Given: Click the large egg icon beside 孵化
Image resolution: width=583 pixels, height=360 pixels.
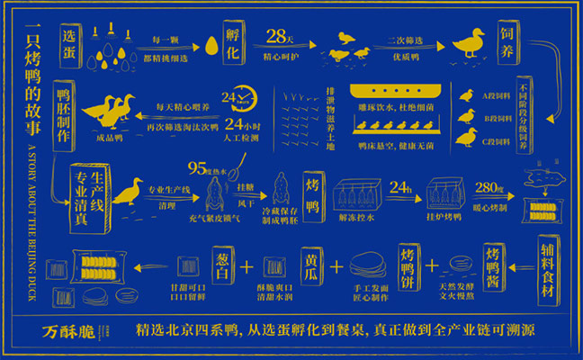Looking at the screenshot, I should pos(212,45).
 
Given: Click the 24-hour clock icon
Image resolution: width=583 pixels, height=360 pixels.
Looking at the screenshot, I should pos(235,97).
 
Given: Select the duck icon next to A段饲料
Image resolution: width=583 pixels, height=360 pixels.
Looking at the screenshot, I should pos(467,94).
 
